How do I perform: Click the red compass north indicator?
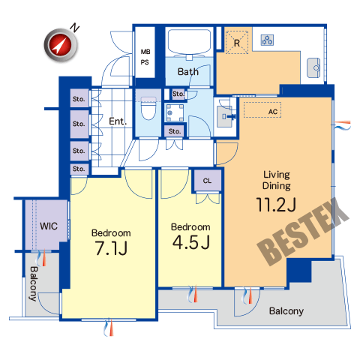point(61,45)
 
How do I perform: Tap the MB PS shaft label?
point(145,57)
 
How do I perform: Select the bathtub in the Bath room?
point(189,42)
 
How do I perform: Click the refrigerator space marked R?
point(237,42)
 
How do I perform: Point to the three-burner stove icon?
point(267,40)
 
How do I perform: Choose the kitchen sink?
point(313,67)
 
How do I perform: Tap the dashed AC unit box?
point(262,109)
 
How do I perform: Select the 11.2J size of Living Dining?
point(276,205)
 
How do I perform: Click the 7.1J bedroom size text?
point(111,248)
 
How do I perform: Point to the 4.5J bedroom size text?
point(191,242)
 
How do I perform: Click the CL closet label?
point(207,181)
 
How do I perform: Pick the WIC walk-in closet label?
point(49,226)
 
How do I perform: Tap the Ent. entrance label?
point(118,121)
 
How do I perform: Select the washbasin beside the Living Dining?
point(226,116)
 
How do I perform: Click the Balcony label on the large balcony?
point(286,311)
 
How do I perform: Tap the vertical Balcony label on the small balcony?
point(33,283)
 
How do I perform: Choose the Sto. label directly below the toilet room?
point(175,131)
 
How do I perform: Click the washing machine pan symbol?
point(175,112)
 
